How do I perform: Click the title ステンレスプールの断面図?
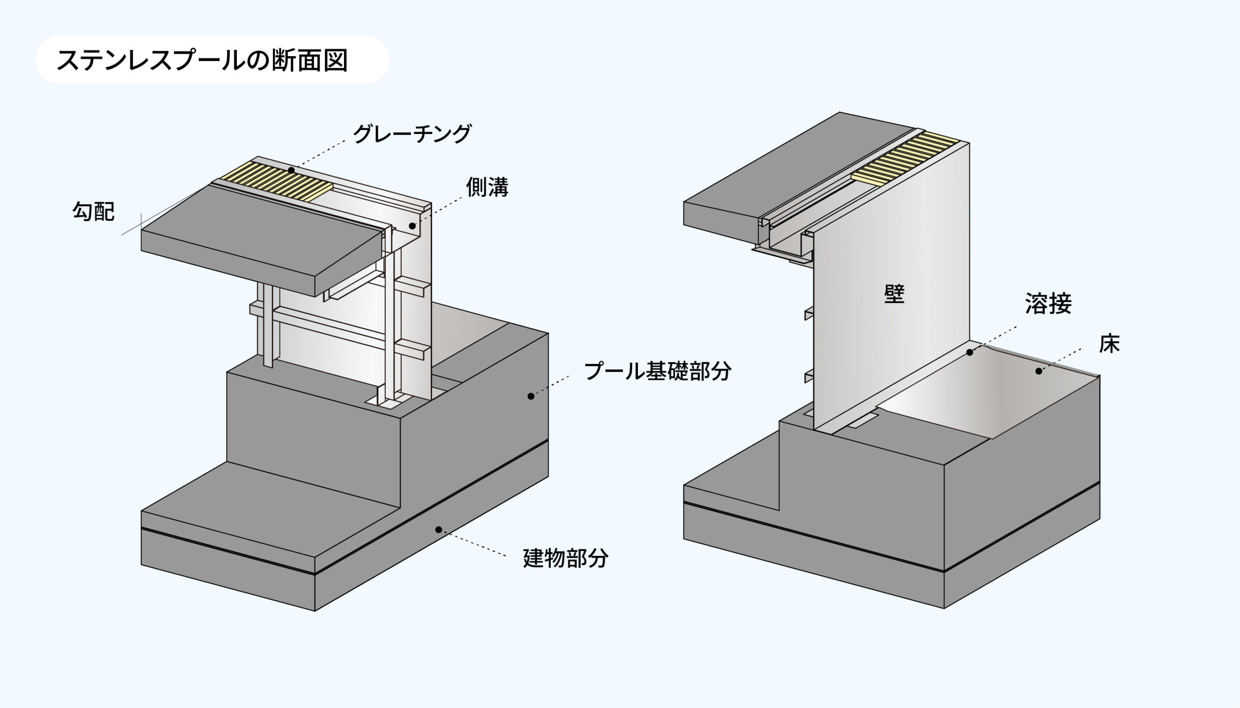tap(202, 60)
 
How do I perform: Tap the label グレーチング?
tap(412, 133)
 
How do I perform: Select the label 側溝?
tap(487, 187)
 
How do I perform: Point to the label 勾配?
tap(93, 211)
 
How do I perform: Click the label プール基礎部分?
tap(657, 371)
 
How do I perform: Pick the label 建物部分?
tap(565, 558)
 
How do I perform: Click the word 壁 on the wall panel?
tap(895, 294)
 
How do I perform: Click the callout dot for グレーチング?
tap(291, 170)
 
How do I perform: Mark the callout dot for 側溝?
tap(412, 226)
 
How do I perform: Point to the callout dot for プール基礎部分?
tap(531, 396)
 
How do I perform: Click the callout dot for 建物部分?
tap(438, 529)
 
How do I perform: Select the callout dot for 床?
tap(1038, 371)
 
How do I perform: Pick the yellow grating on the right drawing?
tap(905, 158)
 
